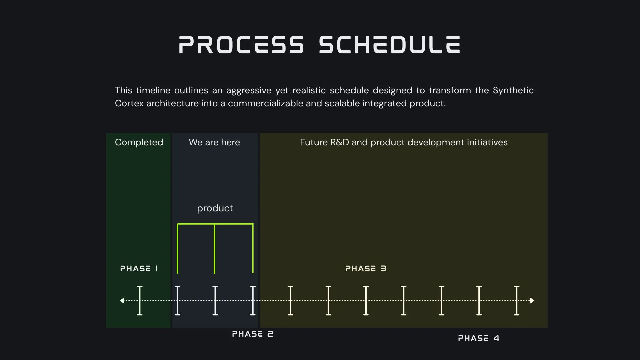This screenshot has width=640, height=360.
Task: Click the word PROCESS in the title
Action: [x=241, y=45]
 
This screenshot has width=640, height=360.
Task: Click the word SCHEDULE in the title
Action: [x=390, y=45]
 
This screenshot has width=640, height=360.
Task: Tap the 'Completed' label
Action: [x=139, y=142]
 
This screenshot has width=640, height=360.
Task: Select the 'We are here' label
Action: [x=214, y=142]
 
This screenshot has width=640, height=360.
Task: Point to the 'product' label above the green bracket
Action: [x=215, y=208]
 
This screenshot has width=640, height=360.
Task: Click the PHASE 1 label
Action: [x=139, y=269]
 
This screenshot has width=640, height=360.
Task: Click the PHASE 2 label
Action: [x=253, y=334]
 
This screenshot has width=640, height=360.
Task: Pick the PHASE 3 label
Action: [x=366, y=269]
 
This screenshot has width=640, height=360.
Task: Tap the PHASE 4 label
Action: [x=479, y=338]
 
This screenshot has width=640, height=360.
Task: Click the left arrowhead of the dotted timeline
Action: [x=122, y=301]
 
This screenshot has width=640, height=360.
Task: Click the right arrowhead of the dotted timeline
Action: [x=532, y=301]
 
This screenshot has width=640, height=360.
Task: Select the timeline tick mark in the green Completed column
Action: [x=140, y=300]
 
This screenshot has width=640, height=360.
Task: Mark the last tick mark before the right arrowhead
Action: [x=517, y=300]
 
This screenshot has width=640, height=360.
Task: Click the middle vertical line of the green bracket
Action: [x=214, y=249]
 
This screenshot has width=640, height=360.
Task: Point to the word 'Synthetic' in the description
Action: [x=513, y=90]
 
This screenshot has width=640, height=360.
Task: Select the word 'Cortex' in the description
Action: [x=129, y=103]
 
